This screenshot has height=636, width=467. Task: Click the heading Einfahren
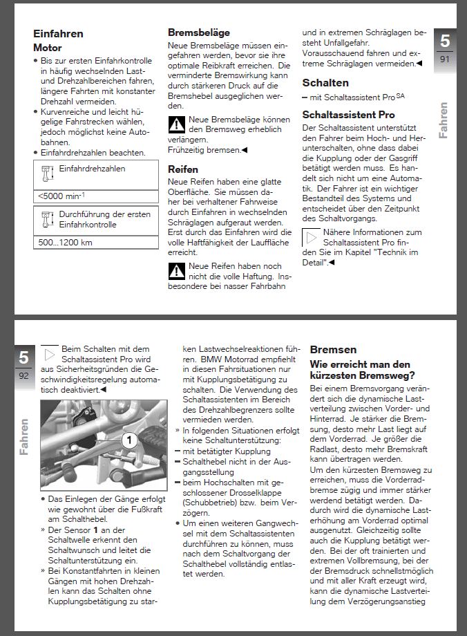click(58, 34)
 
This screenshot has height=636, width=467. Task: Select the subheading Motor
click(48, 48)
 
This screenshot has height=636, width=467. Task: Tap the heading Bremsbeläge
click(199, 32)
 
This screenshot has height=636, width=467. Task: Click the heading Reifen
click(183, 169)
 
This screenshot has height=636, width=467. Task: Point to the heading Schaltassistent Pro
click(348, 115)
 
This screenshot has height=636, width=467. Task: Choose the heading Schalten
click(325, 82)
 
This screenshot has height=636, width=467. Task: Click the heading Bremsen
click(333, 350)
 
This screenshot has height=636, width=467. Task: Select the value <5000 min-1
click(62, 196)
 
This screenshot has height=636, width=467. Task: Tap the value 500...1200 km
click(66, 243)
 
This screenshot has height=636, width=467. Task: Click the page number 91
click(445, 60)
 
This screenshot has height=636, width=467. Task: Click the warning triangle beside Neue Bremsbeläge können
click(177, 125)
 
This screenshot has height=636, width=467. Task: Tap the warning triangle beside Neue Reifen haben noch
click(177, 271)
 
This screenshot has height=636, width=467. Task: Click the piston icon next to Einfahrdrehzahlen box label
click(47, 173)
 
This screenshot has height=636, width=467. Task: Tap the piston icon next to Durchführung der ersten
click(47, 219)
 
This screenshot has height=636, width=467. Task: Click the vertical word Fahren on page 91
click(444, 119)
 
